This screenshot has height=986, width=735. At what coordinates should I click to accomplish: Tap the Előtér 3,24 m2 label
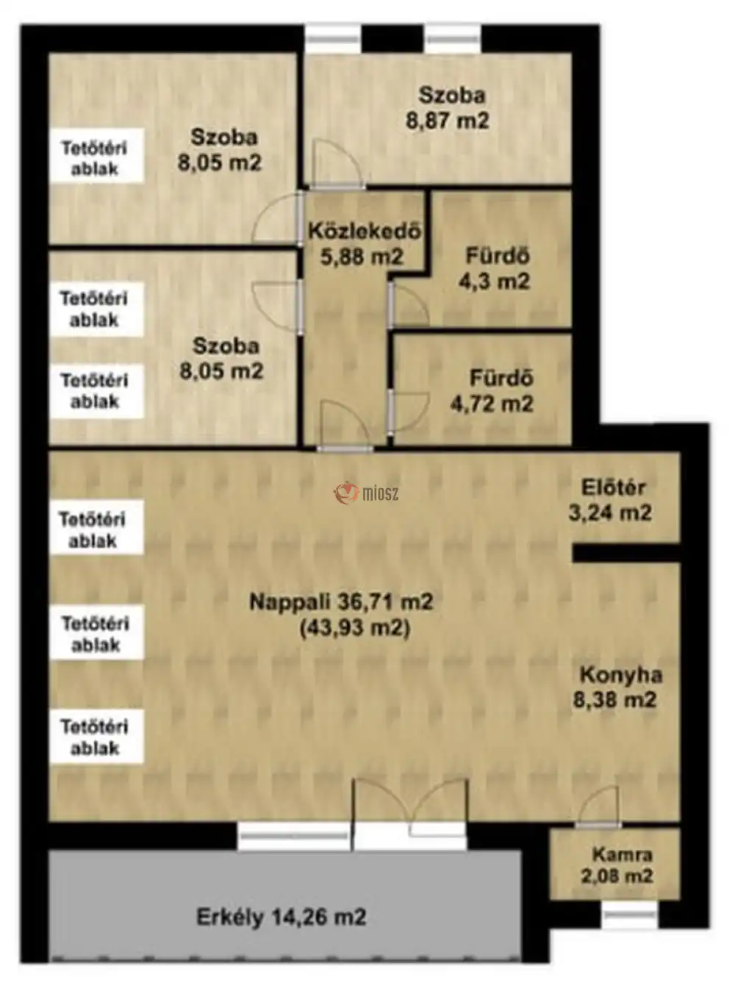pos(610,500)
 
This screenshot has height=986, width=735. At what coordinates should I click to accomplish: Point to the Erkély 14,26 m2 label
pos(282,916)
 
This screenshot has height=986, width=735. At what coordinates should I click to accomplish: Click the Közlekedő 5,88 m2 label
pos(364,244)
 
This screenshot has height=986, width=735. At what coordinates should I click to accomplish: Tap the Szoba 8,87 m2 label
pos(448,108)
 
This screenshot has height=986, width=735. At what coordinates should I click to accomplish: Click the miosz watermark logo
pos(366,493)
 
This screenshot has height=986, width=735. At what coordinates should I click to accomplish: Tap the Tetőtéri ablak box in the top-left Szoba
pos(96,155)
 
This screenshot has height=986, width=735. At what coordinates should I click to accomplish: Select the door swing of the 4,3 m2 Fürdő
pos(409,304)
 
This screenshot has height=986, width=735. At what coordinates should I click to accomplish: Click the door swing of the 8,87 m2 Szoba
pos(339,162)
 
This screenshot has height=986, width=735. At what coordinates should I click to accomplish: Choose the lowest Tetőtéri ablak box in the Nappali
pos(96,737)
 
